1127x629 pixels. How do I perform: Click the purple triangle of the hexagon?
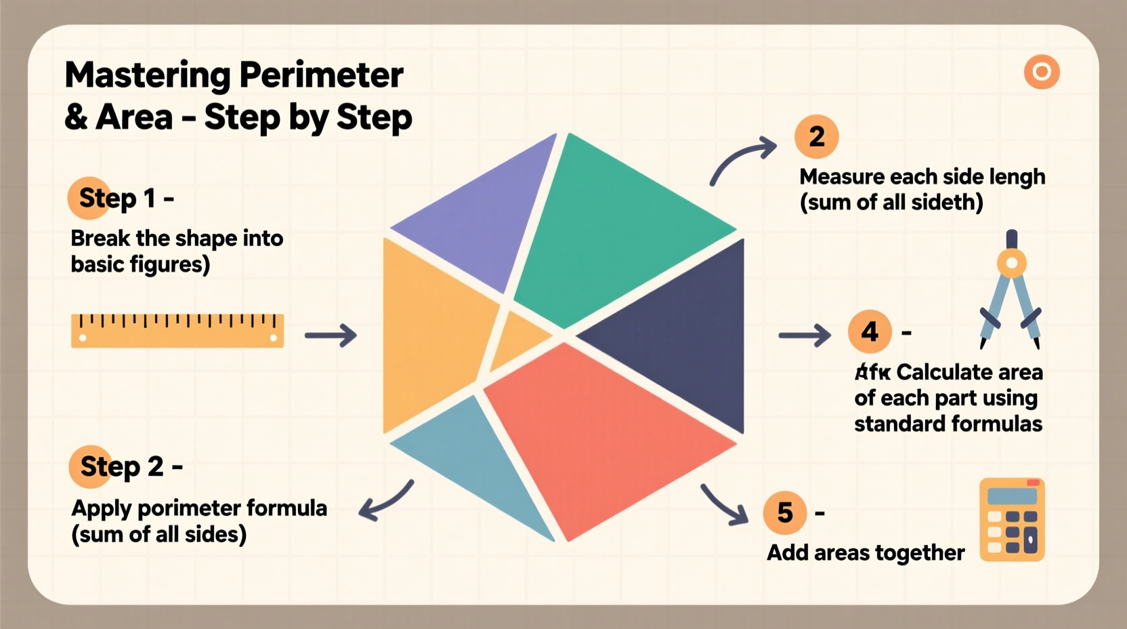click(x=488, y=217)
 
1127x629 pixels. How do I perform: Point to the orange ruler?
click(x=177, y=331)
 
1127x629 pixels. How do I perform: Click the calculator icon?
click(x=1013, y=520)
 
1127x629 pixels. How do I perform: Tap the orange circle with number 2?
click(x=817, y=137)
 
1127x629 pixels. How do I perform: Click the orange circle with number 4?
click(x=870, y=331)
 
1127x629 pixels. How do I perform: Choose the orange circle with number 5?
click(x=785, y=512)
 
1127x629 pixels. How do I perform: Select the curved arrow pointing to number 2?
click(x=742, y=159)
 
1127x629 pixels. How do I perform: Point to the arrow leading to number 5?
click(x=725, y=505)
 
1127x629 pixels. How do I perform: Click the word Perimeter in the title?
click(x=321, y=75)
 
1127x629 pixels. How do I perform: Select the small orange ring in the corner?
click(x=1042, y=72)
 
